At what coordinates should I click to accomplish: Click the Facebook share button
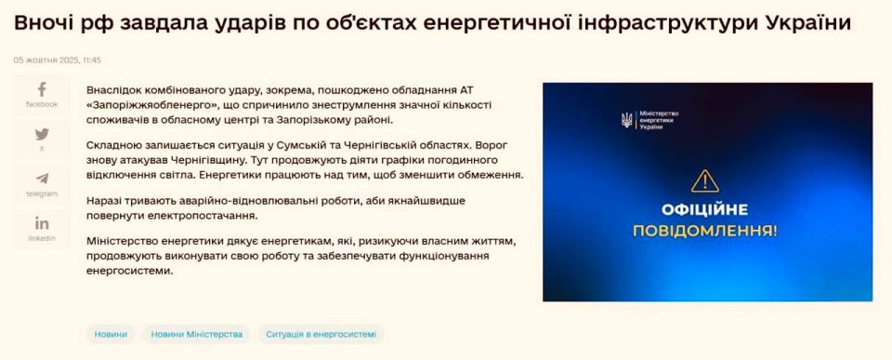[41, 95]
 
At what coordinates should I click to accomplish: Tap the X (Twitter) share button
[41, 140]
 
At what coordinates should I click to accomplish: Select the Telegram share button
[41, 184]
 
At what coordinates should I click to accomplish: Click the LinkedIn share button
[41, 229]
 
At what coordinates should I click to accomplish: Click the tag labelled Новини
[111, 334]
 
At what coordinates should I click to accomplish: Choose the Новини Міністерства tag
[196, 334]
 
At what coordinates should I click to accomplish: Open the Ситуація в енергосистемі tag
[321, 334]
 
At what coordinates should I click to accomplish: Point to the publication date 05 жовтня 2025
[46, 60]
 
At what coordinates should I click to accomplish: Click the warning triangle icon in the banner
[705, 180]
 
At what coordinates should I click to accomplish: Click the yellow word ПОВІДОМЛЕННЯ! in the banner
[706, 229]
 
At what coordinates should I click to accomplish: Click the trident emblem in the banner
[626, 120]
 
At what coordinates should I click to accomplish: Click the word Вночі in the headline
[44, 21]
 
